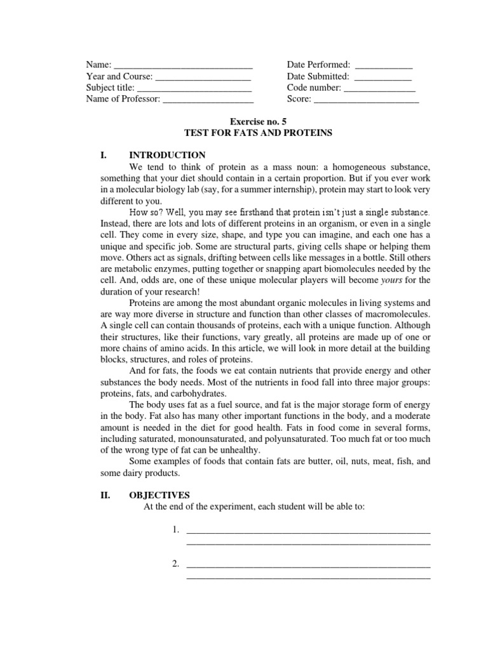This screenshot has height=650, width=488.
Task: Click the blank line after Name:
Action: pos(183,66)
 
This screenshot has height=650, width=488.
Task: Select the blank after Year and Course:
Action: pos(203,77)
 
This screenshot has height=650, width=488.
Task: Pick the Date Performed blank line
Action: pos(384,66)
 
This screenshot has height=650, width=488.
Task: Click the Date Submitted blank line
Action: pos(383,77)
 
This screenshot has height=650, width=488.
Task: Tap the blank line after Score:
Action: pos(367,100)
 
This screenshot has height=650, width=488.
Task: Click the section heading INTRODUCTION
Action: pos(167,155)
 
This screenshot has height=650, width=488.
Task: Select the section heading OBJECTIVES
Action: pos(159,495)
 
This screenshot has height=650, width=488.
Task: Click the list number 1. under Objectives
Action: pos(176,530)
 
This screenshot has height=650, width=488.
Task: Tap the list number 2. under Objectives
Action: pos(176,564)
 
